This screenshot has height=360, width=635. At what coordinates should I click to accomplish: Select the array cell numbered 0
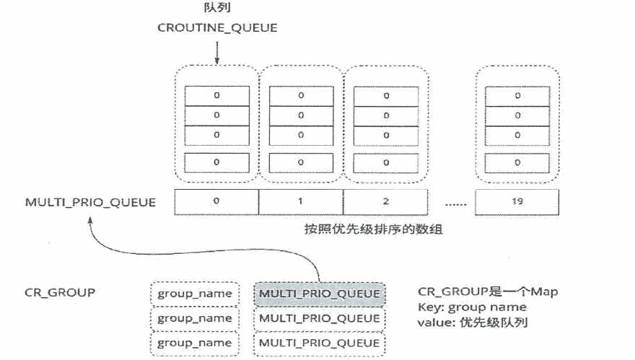pyautogui.click(x=216, y=202)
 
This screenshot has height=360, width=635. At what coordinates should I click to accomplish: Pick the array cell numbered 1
pyautogui.click(x=300, y=202)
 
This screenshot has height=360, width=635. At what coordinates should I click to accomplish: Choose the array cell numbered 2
pyautogui.click(x=385, y=202)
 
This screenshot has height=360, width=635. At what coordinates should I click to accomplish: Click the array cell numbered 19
pyautogui.click(x=517, y=202)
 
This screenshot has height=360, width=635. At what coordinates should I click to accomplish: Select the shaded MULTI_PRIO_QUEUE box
pyautogui.click(x=320, y=294)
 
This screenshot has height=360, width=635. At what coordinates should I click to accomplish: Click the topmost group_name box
pyautogui.click(x=196, y=294)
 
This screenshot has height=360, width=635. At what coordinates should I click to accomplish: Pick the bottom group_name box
pyautogui.click(x=196, y=343)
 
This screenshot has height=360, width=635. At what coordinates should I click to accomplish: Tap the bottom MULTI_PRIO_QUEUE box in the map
pyautogui.click(x=320, y=343)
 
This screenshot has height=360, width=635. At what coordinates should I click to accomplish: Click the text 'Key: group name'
pyautogui.click(x=471, y=308)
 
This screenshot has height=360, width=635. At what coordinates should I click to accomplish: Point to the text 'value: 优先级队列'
pyautogui.click(x=473, y=322)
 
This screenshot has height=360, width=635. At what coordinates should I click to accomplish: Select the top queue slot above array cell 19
pyautogui.click(x=517, y=95)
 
